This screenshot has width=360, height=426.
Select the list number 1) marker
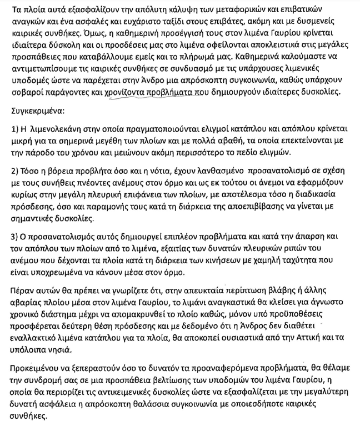[x=17, y=129]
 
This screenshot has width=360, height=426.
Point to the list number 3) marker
[x=17, y=235]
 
